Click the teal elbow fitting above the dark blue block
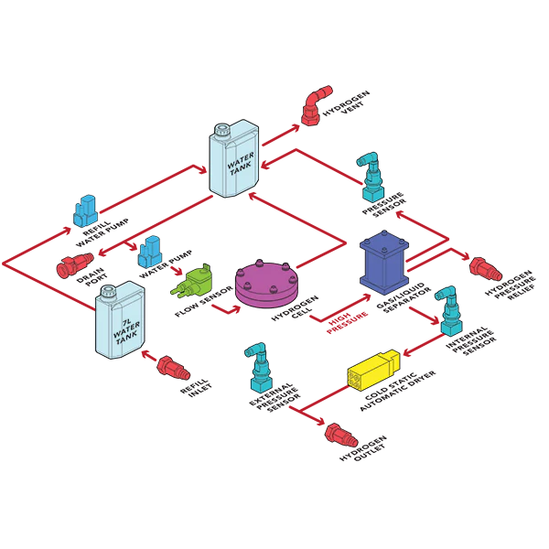pos(371,178)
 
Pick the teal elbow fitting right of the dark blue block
pos(448,312)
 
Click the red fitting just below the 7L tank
pos(172,368)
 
